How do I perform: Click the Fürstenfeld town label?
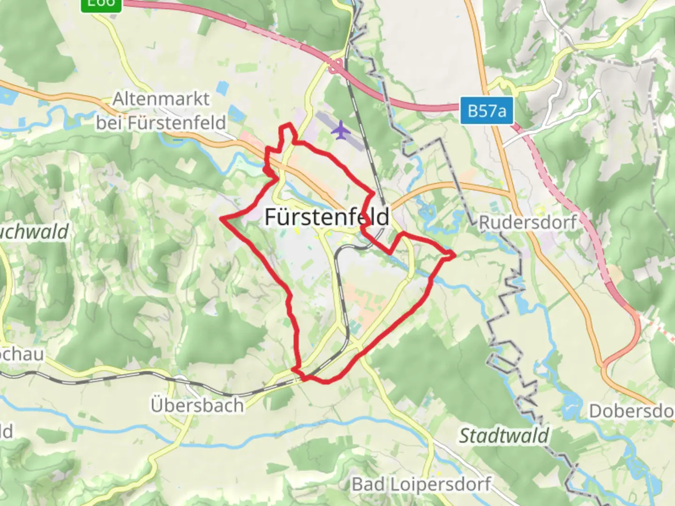point(327,217)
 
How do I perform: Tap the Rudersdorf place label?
point(527,222)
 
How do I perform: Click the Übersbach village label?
point(197,405)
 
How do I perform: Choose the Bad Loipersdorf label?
point(421,484)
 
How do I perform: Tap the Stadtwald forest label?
point(503,436)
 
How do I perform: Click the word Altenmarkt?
point(161,99)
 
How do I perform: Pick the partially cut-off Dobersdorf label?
point(631,411)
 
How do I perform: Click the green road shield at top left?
point(101,4)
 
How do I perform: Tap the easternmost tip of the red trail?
point(454,255)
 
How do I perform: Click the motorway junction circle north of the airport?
point(335,69)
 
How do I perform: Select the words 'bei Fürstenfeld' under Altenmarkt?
point(161,123)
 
